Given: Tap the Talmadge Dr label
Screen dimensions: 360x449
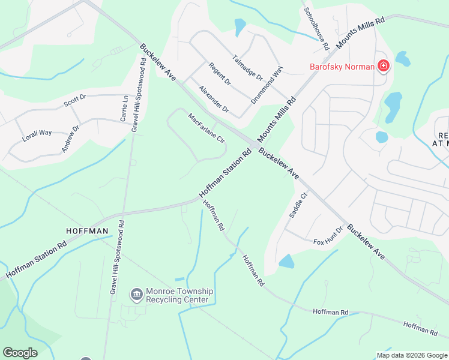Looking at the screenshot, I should tap(247, 68).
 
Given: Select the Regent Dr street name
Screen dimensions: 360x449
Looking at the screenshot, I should tap(220, 74).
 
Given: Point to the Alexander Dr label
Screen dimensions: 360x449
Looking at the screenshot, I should tap(214, 98).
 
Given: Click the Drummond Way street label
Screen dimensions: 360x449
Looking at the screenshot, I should tap(267, 85).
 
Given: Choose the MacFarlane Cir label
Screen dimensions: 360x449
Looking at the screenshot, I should tap(206, 128).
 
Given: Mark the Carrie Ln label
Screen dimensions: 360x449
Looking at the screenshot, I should tap(124, 108).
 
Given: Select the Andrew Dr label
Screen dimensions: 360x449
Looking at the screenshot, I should tap(70, 139).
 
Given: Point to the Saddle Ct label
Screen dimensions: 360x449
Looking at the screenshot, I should tap(298, 204).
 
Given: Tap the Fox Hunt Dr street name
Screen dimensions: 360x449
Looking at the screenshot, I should tap(328, 236).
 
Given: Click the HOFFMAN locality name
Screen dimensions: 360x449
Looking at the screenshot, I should tap(87, 231).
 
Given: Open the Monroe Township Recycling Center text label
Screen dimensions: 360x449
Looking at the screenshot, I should tap(178, 295).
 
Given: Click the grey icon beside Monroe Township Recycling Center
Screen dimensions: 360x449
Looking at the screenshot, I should tap(136, 295).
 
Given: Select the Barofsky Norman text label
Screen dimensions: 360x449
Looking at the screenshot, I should tap(342, 67).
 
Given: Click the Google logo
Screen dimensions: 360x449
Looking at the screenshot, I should tap(20, 352).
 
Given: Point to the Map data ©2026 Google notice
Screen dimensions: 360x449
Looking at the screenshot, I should tap(412, 355).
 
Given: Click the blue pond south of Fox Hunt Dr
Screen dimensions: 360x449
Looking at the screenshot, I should tap(287, 261).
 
